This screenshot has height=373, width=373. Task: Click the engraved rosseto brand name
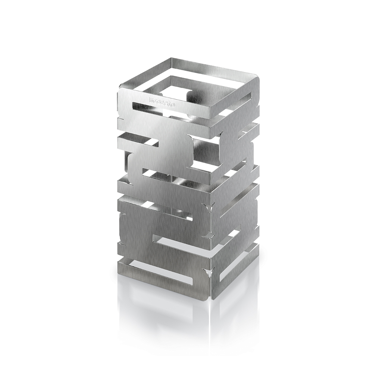pos(162,101)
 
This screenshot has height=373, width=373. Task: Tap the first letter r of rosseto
pos(151,99)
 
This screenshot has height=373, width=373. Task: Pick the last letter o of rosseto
pos(173,103)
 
